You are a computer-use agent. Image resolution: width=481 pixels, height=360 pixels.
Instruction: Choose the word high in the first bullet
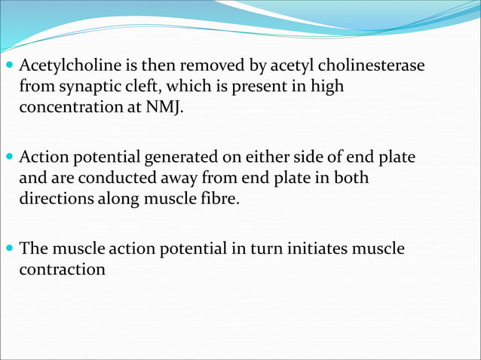tap(327, 87)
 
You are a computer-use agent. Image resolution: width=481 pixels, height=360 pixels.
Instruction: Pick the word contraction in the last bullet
tap(63, 268)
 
